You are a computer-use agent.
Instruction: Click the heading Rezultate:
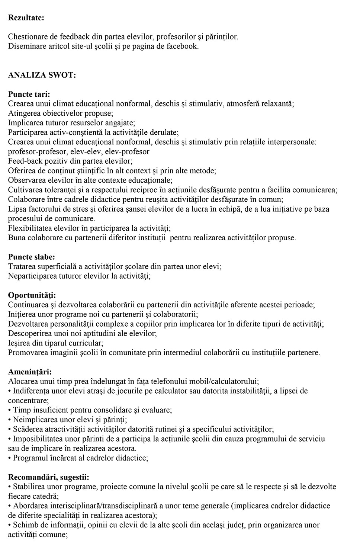pyautogui.click(x=26, y=17)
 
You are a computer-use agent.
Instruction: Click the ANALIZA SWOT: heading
pyautogui.click(x=42, y=75)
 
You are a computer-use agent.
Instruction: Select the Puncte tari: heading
pyautogui.click(x=29, y=94)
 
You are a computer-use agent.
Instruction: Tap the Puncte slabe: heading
pyautogui.click(x=32, y=257)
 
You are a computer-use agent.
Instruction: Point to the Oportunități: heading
pyautogui.click(x=32, y=295)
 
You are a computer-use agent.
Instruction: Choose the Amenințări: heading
pyautogui.click(x=30, y=372)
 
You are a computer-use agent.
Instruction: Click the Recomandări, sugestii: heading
pyautogui.click(x=49, y=477)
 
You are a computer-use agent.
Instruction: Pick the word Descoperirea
pyautogui.click(x=31, y=333)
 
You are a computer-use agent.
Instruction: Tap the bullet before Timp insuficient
pyautogui.click(x=10, y=410)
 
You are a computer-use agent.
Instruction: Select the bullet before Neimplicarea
pyautogui.click(x=10, y=420)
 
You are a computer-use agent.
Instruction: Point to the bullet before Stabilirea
pyautogui.click(x=10, y=487)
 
